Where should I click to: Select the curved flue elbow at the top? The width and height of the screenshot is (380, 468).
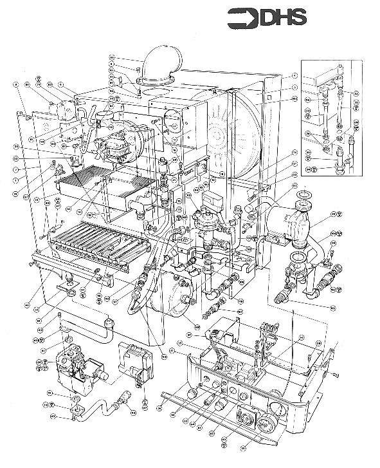click(162, 64)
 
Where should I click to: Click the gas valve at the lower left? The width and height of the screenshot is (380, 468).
click(80, 367)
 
